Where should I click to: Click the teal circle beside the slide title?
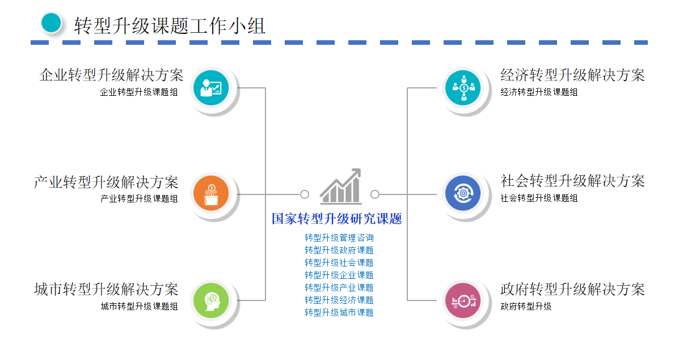click(x=51, y=23)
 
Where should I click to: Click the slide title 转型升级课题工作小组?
click(x=170, y=26)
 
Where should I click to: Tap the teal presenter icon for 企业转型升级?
click(x=211, y=88)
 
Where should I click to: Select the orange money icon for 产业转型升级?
click(x=211, y=194)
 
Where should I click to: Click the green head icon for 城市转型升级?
click(x=211, y=300)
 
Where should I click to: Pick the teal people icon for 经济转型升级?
click(x=463, y=88)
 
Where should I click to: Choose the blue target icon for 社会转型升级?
click(x=463, y=194)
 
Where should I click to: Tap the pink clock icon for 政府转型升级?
click(x=463, y=300)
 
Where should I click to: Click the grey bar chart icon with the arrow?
click(x=340, y=187)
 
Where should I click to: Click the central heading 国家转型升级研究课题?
click(x=337, y=219)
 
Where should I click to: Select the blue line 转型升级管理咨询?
click(x=339, y=238)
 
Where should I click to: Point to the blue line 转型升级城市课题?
click(x=339, y=312)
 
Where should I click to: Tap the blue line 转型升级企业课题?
click(x=339, y=275)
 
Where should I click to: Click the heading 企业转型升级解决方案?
click(x=111, y=75)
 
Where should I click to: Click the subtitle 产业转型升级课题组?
click(x=139, y=198)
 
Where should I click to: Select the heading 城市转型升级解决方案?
click(x=106, y=289)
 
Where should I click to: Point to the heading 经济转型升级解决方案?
click(x=572, y=75)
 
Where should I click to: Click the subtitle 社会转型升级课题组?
click(x=539, y=198)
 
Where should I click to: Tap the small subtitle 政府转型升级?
click(x=526, y=307)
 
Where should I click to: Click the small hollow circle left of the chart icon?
click(x=305, y=194)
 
